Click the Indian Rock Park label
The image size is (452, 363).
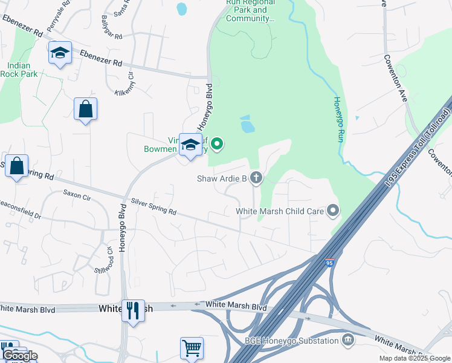point(22,70)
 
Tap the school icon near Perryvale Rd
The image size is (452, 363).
point(60,53)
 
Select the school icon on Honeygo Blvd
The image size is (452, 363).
point(191,145)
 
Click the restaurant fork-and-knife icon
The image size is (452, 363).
point(133,311)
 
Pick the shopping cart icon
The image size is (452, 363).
point(192,348)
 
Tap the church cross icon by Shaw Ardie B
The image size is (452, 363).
point(256,178)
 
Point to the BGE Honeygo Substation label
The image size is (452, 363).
point(292,341)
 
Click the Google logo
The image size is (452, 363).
point(19,355)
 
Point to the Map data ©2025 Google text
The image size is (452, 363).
point(414,358)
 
